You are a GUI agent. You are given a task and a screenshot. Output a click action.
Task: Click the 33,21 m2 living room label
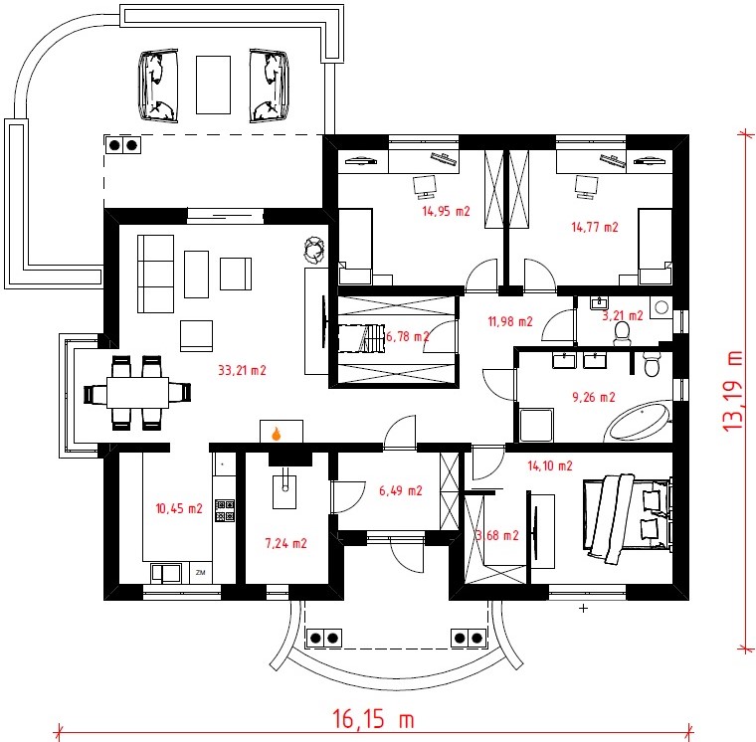pos(242,370)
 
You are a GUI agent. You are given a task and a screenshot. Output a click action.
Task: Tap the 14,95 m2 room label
pos(446,211)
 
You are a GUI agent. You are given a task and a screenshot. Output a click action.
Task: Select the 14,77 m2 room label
pos(595,227)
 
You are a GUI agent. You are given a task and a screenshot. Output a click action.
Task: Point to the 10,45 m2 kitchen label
pos(179,508)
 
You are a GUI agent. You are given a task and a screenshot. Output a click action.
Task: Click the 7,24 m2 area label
pos(285,543)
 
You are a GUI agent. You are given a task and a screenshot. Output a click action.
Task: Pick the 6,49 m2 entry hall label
pos(401,490)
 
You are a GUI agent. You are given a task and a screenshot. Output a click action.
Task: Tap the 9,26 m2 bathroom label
pos(594,397)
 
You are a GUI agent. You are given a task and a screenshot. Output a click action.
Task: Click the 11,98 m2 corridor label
pos(510,321)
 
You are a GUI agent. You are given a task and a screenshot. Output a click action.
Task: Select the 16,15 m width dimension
pos(373,719)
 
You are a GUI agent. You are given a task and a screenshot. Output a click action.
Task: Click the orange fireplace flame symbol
pos(277,434)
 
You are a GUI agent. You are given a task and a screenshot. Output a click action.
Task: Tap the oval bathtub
pos(638,421)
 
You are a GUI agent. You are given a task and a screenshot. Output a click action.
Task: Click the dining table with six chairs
pos(137,393)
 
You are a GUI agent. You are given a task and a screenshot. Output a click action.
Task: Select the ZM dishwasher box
pos(201,573)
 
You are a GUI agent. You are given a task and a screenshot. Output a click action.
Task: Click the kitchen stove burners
pos(225,510)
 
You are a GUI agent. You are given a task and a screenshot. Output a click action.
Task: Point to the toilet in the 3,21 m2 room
pos(622,333)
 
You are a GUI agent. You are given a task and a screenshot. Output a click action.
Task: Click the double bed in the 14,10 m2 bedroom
pos(628,519)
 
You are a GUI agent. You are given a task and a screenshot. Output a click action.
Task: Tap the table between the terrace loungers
pos(213,85)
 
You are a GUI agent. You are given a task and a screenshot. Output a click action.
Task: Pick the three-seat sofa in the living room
pos(156,274)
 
